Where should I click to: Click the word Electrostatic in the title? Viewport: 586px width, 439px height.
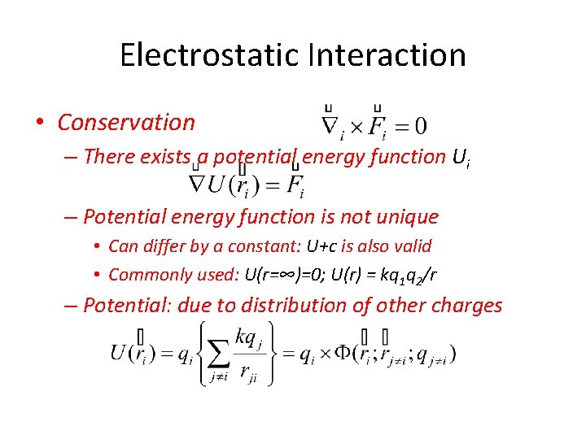coord(209,55)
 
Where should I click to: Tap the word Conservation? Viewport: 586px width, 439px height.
coord(126,123)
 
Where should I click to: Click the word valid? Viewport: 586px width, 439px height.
coord(411,246)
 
